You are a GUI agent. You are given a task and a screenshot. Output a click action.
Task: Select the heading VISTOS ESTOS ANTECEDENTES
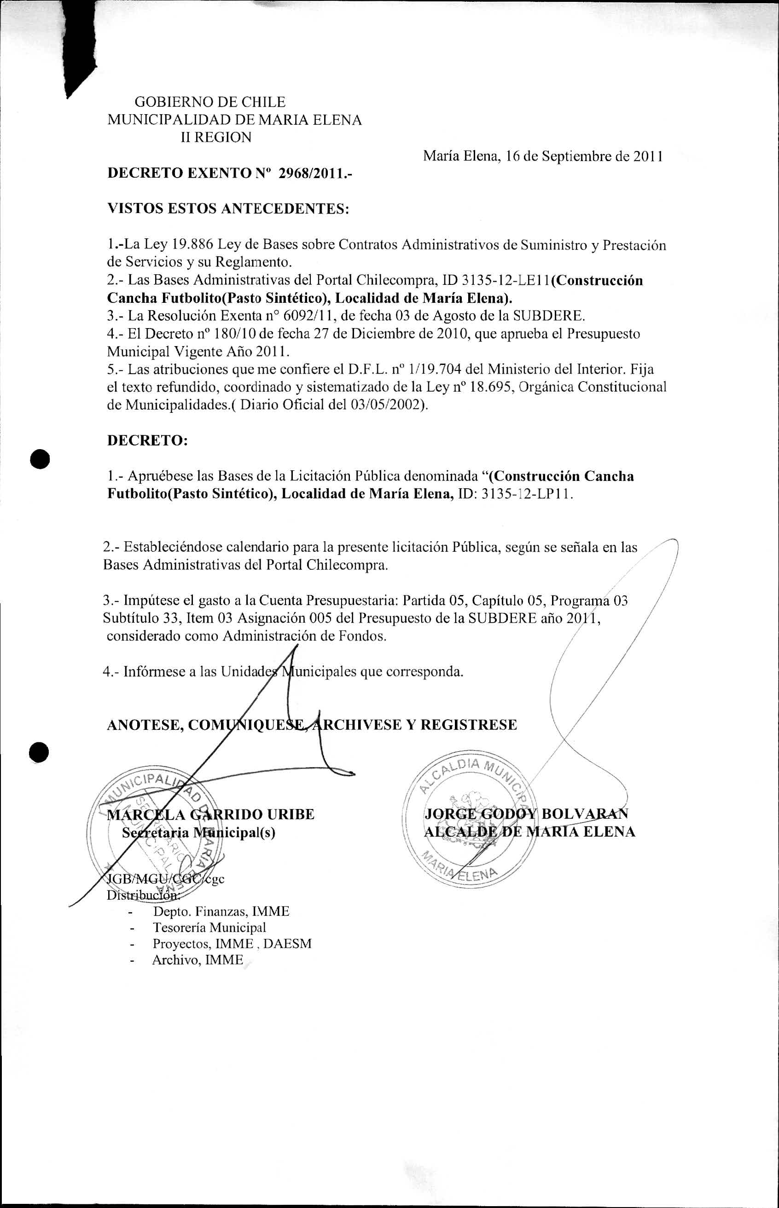click(x=228, y=209)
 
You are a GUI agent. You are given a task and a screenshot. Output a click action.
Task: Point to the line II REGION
click(x=216, y=138)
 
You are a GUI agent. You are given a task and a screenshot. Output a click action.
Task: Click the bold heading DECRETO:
click(x=147, y=440)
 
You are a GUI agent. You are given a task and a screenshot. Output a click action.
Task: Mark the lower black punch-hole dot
click(x=39, y=752)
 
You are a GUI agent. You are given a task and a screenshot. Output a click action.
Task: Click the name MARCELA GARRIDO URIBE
click(x=211, y=815)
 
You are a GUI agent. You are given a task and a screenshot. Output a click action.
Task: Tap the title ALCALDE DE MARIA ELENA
click(x=529, y=832)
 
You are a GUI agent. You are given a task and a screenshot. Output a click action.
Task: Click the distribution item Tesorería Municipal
click(x=209, y=928)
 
